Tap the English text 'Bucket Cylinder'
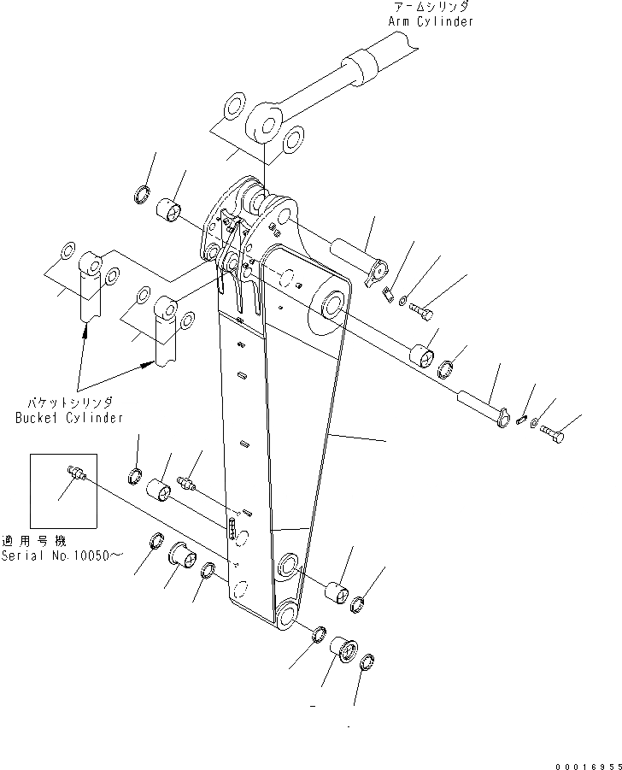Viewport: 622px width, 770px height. [69, 418]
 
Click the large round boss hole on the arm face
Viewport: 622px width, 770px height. [333, 306]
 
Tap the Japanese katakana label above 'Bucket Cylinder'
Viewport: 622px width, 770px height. [68, 402]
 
